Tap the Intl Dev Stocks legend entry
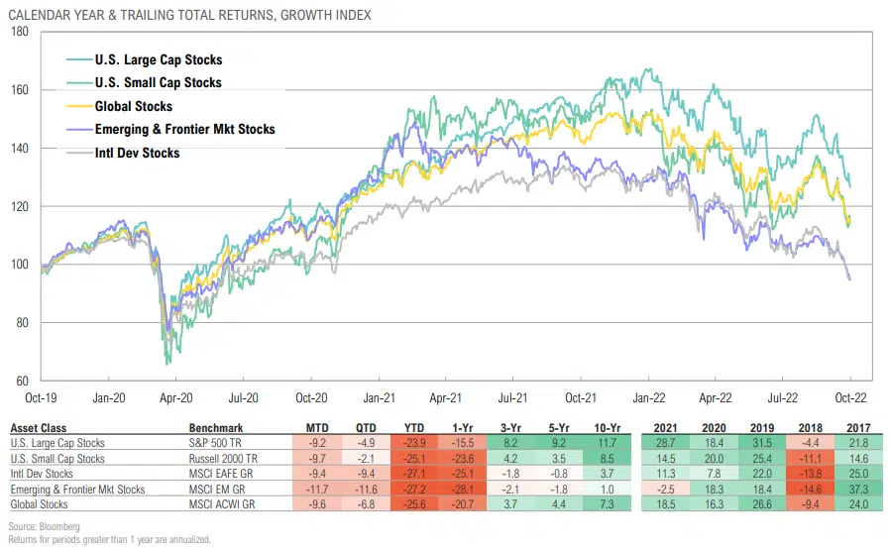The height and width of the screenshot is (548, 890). [138, 153]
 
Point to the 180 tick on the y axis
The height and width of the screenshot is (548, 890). [19, 32]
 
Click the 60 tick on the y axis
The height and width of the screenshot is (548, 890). [23, 381]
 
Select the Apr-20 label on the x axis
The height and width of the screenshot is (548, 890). [176, 396]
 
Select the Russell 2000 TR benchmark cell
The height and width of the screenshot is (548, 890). [224, 459]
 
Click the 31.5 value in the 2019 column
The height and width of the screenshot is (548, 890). [748, 443]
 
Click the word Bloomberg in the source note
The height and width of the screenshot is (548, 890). [57, 526]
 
